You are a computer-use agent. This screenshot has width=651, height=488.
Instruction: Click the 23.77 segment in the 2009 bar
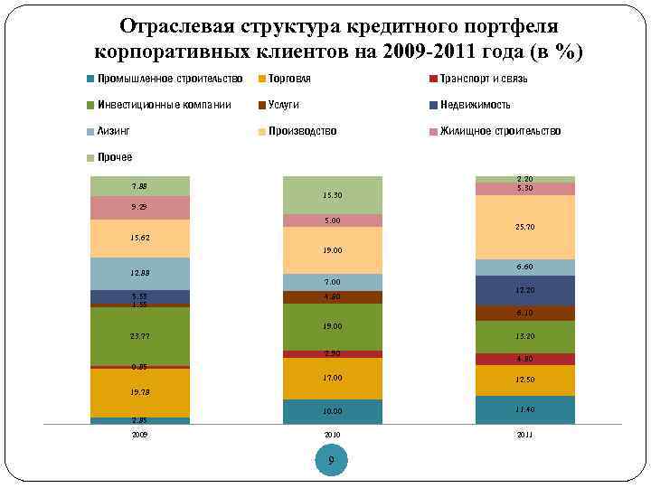coord(140,336)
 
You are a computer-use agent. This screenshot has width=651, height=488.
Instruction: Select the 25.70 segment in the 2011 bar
coord(524,227)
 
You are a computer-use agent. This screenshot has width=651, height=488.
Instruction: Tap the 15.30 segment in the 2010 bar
coord(332,195)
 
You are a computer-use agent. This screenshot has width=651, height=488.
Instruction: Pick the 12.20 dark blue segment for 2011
coord(524,290)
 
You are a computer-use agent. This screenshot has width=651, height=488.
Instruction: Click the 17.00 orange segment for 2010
coord(332,378)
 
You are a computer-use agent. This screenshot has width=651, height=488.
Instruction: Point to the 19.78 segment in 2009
coord(140,393)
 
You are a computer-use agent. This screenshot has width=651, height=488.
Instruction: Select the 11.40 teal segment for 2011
coord(524,409)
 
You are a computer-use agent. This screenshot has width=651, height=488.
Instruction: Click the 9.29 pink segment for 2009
coord(140,208)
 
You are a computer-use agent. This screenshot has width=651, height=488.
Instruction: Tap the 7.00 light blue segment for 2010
coord(332,282)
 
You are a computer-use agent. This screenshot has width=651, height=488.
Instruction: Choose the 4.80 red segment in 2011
coord(524,359)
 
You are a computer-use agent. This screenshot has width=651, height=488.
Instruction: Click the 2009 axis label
coord(140,435)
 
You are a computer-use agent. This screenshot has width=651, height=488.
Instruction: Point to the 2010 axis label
coord(332,435)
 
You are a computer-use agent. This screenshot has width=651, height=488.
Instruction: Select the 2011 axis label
coord(524,435)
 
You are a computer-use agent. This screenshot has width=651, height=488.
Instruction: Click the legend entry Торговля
coord(289,79)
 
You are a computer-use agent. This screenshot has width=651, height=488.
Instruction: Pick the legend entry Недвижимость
coord(475,105)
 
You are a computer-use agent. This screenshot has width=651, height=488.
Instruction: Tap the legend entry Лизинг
coord(113,131)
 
